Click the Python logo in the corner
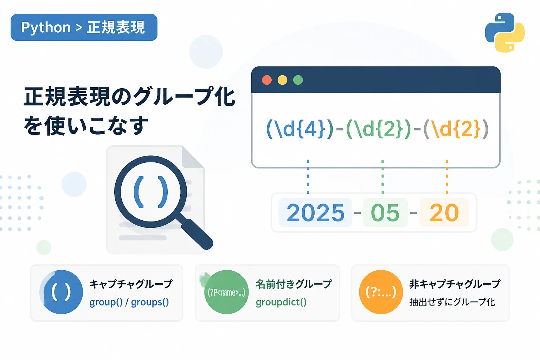(504, 32)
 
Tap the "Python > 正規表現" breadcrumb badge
(84, 27)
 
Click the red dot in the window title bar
(267, 80)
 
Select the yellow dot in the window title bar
(282, 80)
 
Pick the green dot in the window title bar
(298, 80)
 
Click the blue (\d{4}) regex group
(300, 129)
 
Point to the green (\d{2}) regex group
(379, 129)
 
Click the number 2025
(315, 213)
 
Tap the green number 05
(385, 213)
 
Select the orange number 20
(444, 213)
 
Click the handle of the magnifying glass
(197, 233)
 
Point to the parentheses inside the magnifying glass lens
(151, 192)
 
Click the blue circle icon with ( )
(61, 292)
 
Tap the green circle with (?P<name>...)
(226, 292)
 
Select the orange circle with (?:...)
(381, 292)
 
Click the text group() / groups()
(129, 302)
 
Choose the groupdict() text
(281, 302)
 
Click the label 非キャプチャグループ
(455, 284)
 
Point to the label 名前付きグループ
(294, 284)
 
